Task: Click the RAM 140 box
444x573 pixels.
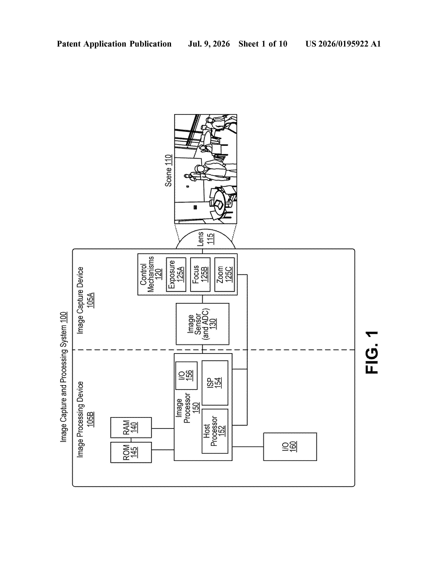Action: pyautogui.click(x=131, y=427)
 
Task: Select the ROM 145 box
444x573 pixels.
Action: pyautogui.click(x=131, y=452)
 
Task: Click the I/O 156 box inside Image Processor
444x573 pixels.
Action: pyautogui.click(x=186, y=375)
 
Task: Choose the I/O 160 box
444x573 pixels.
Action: pyautogui.click(x=290, y=447)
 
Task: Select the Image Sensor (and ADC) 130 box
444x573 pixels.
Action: pyautogui.click(x=202, y=324)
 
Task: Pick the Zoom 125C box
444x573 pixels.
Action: pyautogui.click(x=224, y=274)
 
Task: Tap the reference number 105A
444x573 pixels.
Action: pyautogui.click(x=90, y=300)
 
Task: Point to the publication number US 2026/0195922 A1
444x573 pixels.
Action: pyautogui.click(x=343, y=44)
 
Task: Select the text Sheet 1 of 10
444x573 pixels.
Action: pyautogui.click(x=263, y=44)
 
